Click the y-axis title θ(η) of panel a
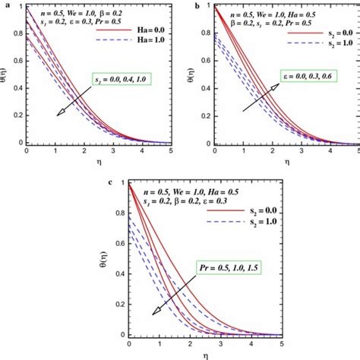[7, 76]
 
